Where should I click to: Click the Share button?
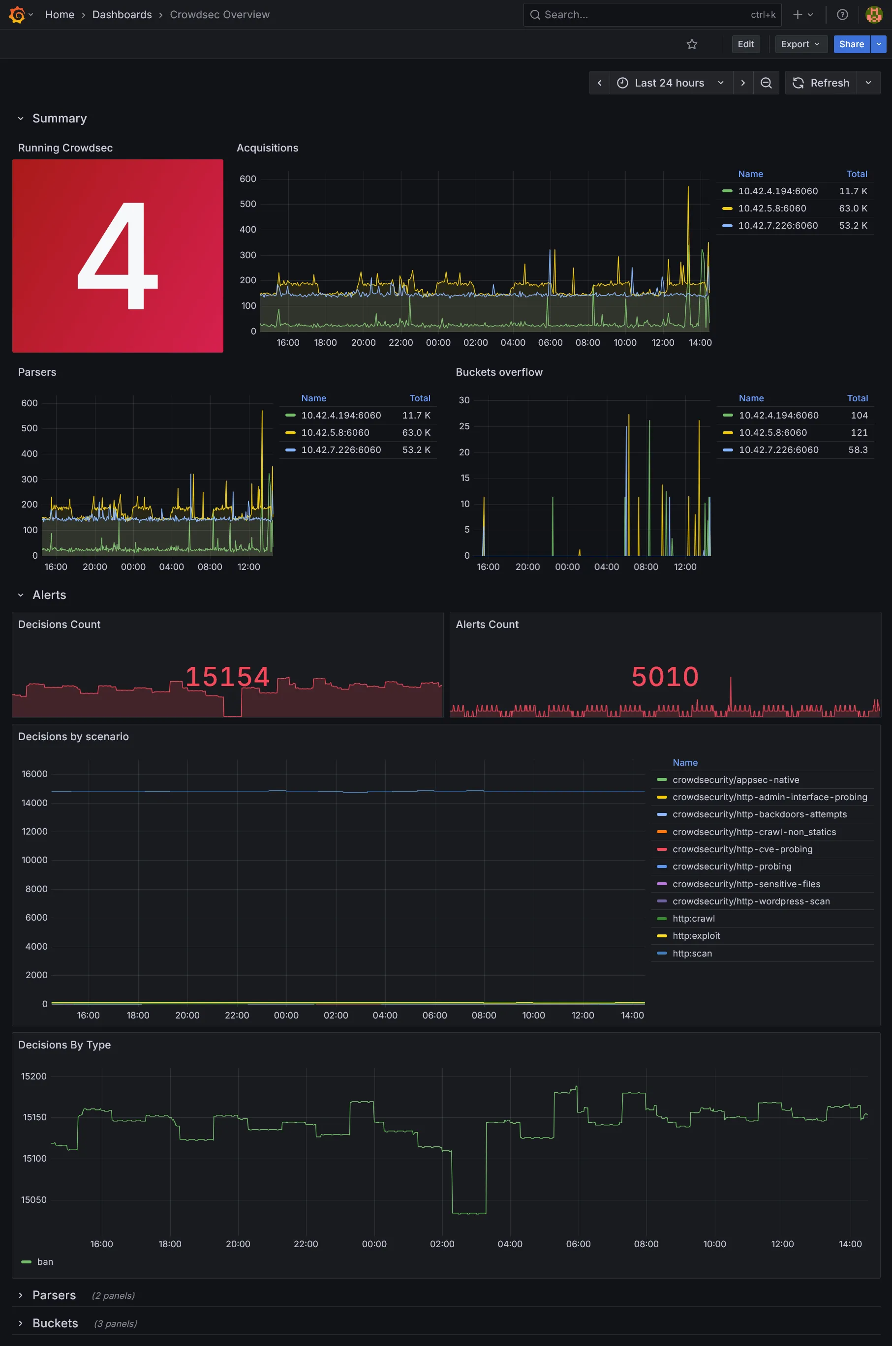pyautogui.click(x=851, y=44)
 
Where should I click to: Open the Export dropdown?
pyautogui.click(x=800, y=44)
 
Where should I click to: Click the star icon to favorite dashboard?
pyautogui.click(x=692, y=44)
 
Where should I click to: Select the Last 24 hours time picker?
pyautogui.click(x=670, y=83)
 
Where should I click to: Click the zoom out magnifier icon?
pyautogui.click(x=766, y=83)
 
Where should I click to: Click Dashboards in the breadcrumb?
pyautogui.click(x=122, y=15)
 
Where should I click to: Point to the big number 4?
pyautogui.click(x=118, y=256)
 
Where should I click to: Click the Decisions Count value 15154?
pyautogui.click(x=227, y=677)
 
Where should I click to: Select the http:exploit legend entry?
pyautogui.click(x=696, y=936)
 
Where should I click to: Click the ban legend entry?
pyautogui.click(x=45, y=1262)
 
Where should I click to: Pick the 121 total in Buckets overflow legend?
pyautogui.click(x=859, y=433)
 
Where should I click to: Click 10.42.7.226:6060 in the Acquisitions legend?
pyautogui.click(x=778, y=226)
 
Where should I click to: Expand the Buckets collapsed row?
pyautogui.click(x=55, y=1323)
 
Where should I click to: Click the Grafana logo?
pyautogui.click(x=17, y=15)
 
